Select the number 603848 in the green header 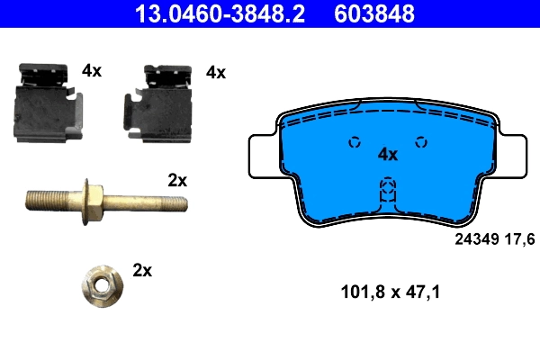375,13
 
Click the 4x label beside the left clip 92,70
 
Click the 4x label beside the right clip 216,72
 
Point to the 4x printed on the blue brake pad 388,154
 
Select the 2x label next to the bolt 177,180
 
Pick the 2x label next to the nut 142,269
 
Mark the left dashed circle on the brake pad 354,141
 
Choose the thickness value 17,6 522,238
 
